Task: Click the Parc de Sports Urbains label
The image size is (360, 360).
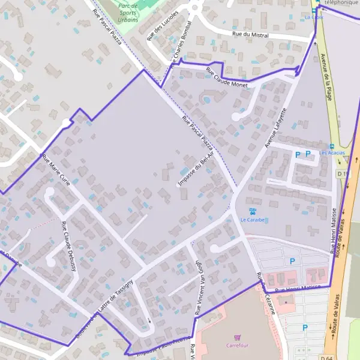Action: point(128,12)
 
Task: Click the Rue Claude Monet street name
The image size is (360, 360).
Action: point(227,77)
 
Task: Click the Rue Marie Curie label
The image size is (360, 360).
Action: point(56,170)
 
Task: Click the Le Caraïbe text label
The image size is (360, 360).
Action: point(252,220)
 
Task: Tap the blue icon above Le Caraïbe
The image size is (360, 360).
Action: point(253,211)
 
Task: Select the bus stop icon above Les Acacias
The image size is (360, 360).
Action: point(331,146)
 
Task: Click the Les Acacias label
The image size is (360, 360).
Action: point(332,153)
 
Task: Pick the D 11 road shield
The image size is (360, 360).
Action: point(342,173)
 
